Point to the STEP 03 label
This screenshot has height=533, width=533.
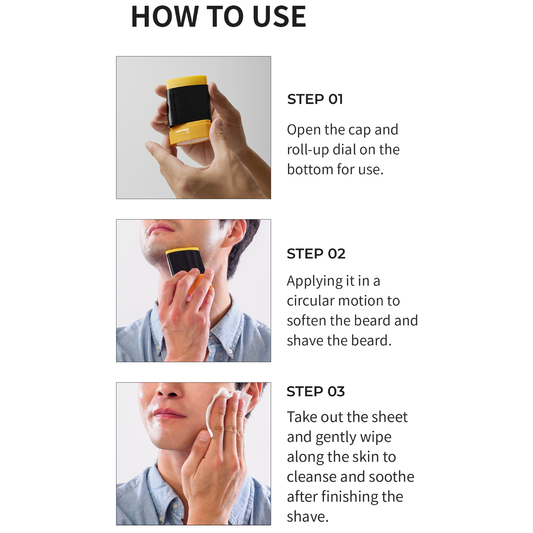coord(316,392)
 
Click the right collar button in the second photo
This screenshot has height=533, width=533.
coord(231,351)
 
